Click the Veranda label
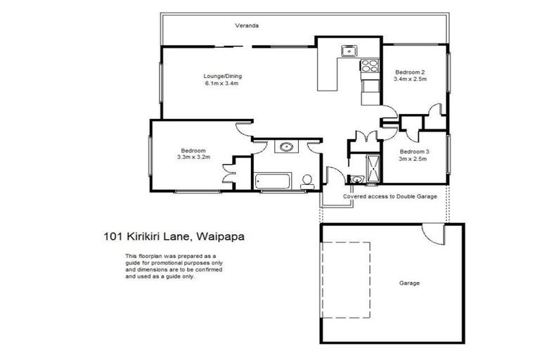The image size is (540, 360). click(247, 26)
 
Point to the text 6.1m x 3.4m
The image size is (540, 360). click(222, 84)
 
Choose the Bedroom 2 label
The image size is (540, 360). click(410, 72)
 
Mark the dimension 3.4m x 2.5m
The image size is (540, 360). click(410, 80)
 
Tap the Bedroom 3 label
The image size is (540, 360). click(414, 152)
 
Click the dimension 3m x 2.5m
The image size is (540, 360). click(414, 160)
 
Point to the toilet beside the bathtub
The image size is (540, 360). click(307, 181)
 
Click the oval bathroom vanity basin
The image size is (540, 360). click(286, 148)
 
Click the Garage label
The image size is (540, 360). click(409, 283)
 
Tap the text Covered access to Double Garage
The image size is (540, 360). click(390, 197)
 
